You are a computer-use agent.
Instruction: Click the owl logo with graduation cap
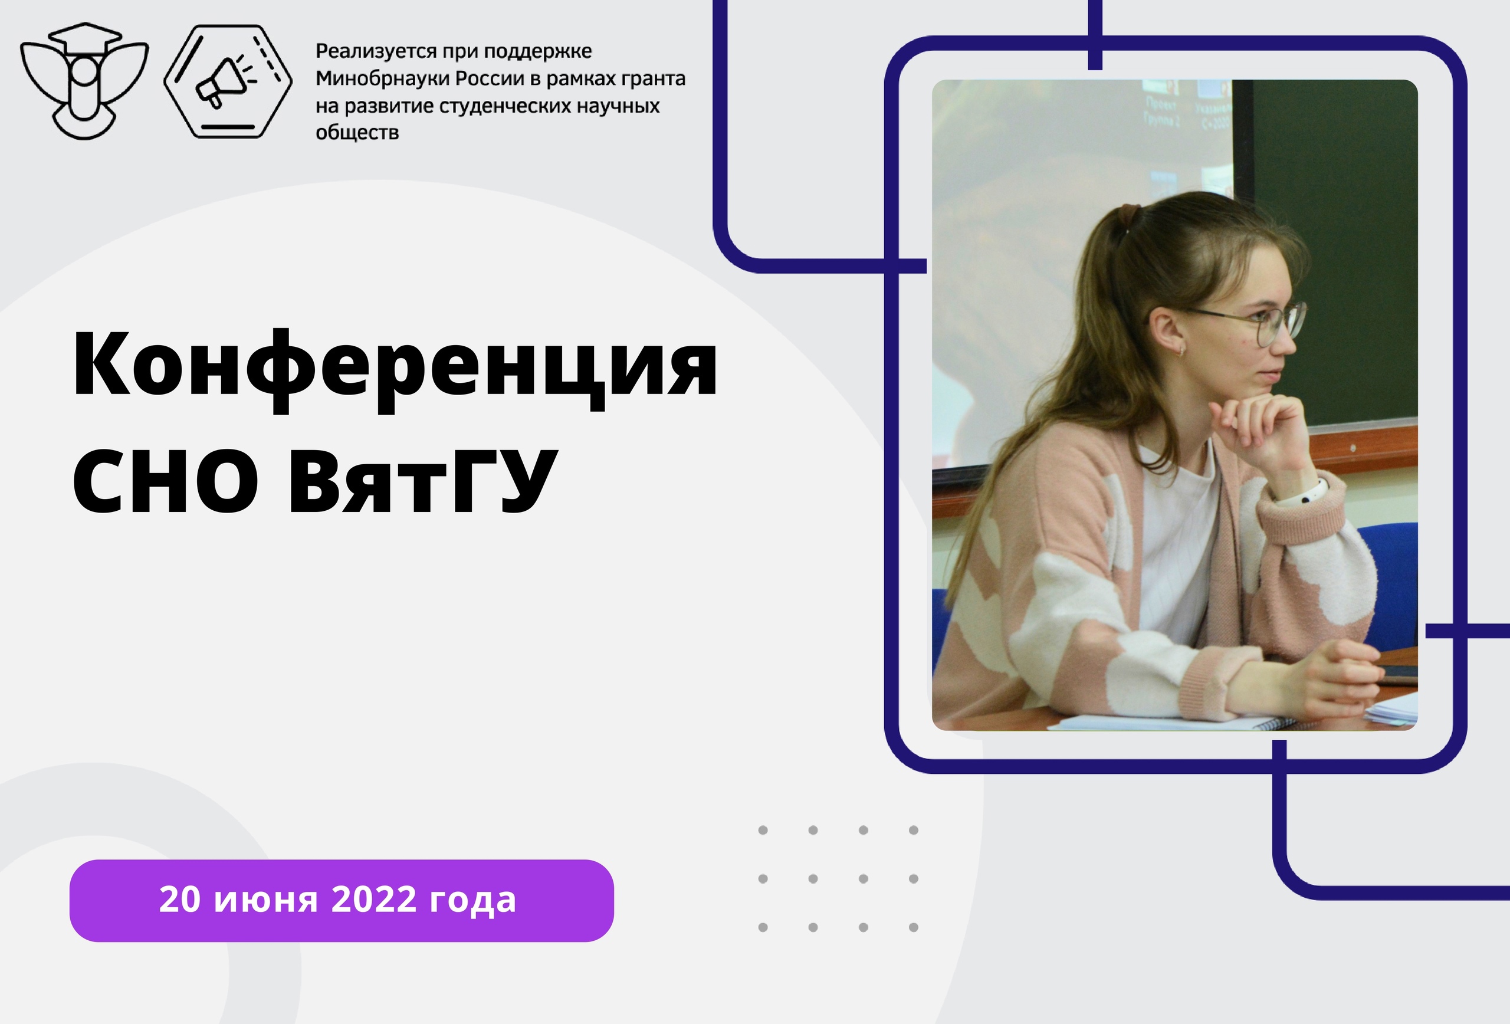(x=84, y=81)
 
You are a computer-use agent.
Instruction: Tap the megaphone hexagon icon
(x=228, y=81)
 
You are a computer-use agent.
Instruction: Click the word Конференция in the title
(x=395, y=369)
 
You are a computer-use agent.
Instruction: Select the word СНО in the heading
(x=166, y=481)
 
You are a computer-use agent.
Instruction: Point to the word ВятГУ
(x=423, y=481)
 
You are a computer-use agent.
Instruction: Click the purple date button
(x=342, y=901)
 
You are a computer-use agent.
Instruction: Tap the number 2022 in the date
(x=373, y=900)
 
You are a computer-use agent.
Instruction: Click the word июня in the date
(x=266, y=901)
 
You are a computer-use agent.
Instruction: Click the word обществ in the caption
(x=357, y=133)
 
